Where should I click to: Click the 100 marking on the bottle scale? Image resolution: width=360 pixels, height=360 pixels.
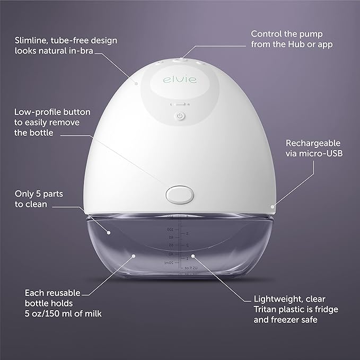click(x=170, y=230)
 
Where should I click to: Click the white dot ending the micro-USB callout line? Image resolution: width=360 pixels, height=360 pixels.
click(x=273, y=207)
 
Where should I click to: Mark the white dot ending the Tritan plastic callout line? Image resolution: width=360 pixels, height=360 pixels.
click(x=193, y=256)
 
